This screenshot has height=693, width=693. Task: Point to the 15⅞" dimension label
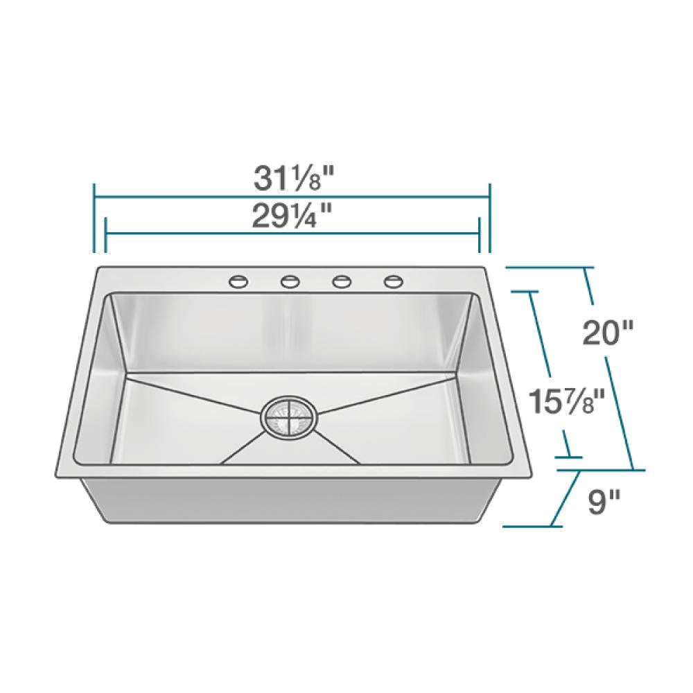[x=562, y=401]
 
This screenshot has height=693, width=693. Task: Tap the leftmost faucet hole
[x=238, y=281]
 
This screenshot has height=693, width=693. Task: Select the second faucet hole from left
[x=290, y=281]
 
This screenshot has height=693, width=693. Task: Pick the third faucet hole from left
[x=342, y=281]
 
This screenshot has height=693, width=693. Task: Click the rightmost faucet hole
[x=394, y=281]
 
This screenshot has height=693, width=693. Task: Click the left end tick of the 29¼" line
[x=105, y=236]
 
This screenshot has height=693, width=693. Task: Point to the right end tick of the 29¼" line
[x=479, y=236]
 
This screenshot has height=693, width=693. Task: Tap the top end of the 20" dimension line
[x=586, y=268]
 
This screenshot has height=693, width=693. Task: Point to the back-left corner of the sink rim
[x=97, y=268]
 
